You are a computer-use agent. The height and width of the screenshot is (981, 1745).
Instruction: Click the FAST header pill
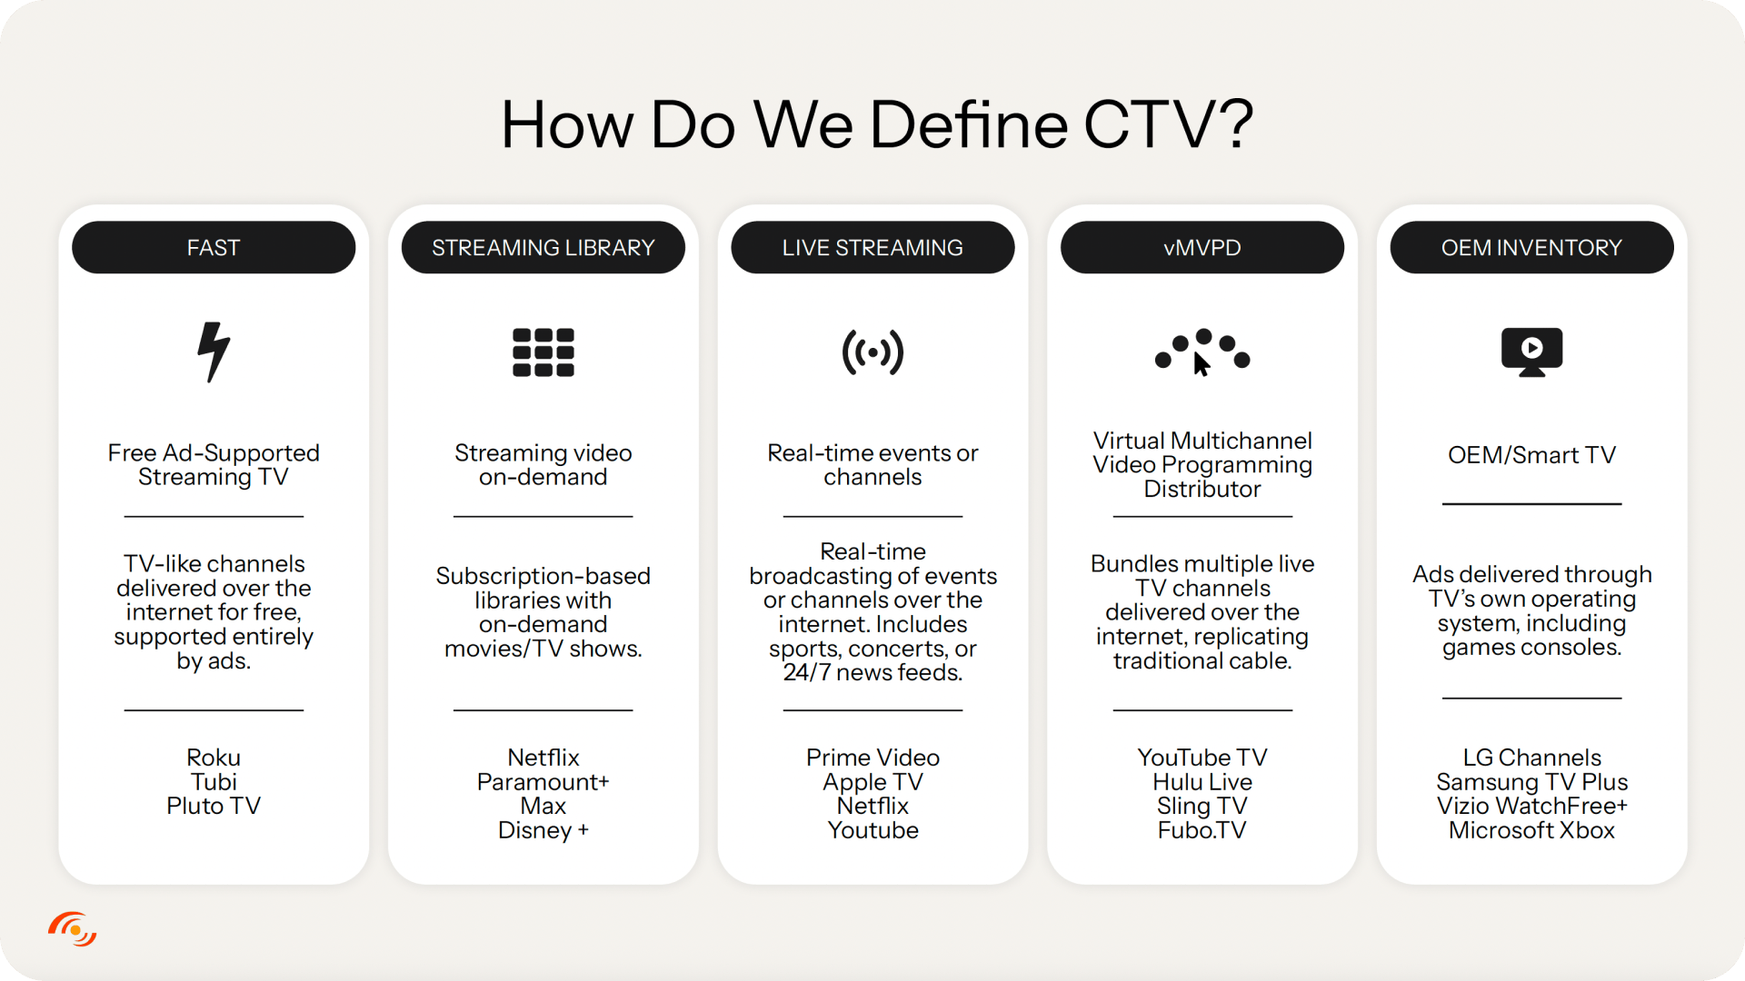click(x=214, y=247)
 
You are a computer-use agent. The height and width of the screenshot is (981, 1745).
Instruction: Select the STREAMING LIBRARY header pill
click(x=543, y=247)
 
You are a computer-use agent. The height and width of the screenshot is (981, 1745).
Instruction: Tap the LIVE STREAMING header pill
click(x=872, y=247)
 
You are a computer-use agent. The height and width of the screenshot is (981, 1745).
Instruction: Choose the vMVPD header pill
click(x=1202, y=247)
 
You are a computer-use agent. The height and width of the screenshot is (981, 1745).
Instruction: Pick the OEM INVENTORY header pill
click(x=1531, y=247)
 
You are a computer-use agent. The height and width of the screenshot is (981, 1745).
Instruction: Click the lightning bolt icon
click(x=214, y=352)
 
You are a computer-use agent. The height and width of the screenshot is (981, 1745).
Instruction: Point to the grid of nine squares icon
click(x=543, y=352)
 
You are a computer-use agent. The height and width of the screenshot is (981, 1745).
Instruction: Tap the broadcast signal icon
click(x=872, y=352)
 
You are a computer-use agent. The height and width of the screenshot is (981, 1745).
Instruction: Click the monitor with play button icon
click(x=1531, y=352)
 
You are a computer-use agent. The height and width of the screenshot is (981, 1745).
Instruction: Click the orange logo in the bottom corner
click(x=73, y=929)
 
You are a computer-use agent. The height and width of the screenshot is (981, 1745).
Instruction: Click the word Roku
click(x=214, y=758)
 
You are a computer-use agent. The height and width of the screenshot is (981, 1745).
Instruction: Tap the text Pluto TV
click(x=214, y=806)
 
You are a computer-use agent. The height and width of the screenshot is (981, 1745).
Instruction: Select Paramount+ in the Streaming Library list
click(x=543, y=782)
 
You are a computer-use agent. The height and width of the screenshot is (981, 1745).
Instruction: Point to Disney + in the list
click(x=543, y=830)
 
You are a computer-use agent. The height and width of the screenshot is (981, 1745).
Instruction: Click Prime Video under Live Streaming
click(x=872, y=758)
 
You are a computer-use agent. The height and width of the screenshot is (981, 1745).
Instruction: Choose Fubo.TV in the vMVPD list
click(x=1202, y=830)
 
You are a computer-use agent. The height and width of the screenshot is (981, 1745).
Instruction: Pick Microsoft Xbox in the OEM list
click(x=1531, y=830)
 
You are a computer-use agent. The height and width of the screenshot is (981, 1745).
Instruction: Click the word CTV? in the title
click(x=1169, y=124)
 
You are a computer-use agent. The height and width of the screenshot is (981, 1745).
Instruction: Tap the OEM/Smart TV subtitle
click(x=1531, y=455)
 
